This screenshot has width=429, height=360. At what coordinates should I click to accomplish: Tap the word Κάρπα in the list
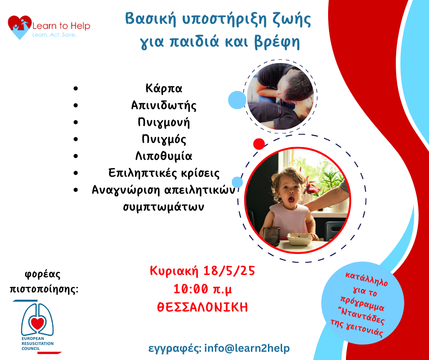tap(163, 89)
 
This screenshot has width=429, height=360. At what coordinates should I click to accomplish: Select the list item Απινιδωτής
tap(163, 106)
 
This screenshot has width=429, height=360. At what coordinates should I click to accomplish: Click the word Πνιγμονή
tap(163, 122)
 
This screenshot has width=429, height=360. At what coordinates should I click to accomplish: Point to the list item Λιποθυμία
tap(163, 156)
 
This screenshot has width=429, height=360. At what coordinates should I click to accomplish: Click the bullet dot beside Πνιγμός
tap(76, 139)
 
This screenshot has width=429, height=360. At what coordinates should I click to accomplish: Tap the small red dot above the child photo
tap(259, 144)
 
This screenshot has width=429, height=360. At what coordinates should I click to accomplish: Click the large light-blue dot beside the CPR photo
tap(237, 100)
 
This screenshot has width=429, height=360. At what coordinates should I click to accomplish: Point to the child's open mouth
tap(291, 199)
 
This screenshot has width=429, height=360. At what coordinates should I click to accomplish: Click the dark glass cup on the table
tap(272, 237)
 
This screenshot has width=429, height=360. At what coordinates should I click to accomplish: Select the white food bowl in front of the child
tap(299, 239)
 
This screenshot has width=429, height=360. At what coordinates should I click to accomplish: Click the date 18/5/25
tap(229, 271)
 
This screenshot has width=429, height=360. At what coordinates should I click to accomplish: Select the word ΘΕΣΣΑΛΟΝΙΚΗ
tap(203, 307)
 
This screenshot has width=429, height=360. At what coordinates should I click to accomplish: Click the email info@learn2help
tap(247, 348)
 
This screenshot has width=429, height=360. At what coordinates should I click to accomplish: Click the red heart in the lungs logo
tap(37, 323)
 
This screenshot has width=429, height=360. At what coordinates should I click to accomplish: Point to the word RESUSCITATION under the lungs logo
tap(37, 344)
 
